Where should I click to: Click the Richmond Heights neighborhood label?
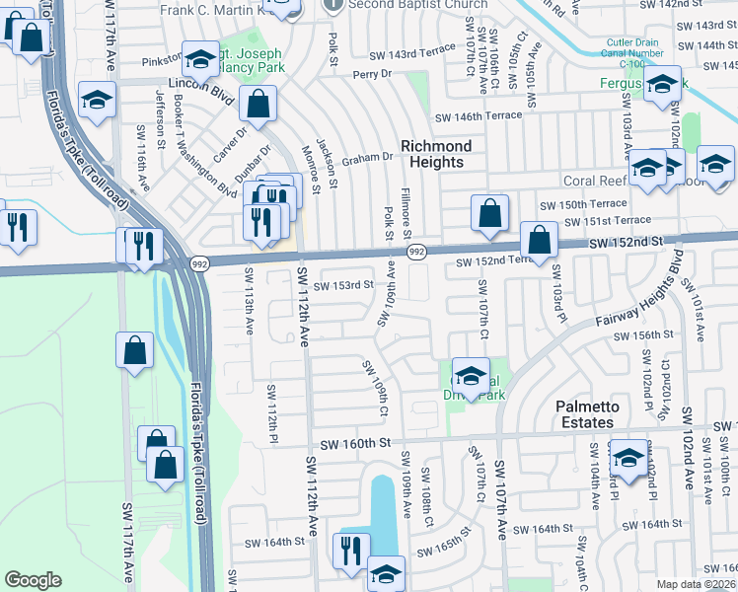(435, 154)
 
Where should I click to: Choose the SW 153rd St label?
(343, 284)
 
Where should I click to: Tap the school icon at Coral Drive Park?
(471, 377)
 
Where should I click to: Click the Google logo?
(33, 580)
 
